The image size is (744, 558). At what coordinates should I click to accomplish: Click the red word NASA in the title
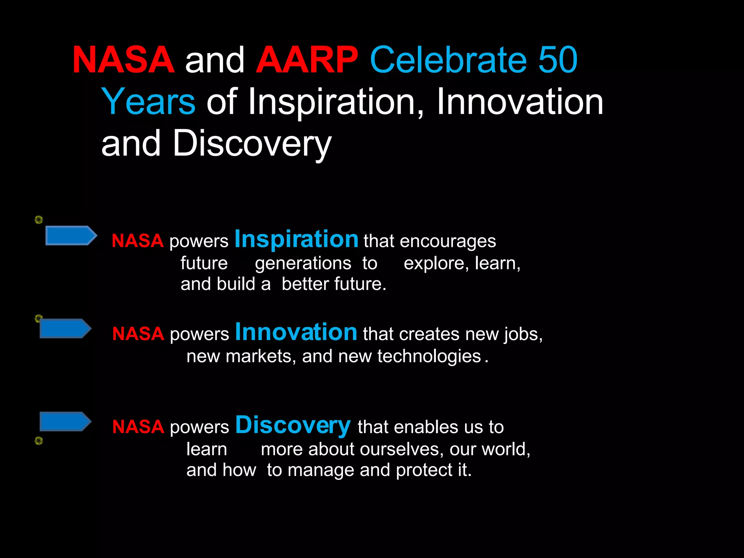tap(123, 60)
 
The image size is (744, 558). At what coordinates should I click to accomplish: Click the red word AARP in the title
tap(307, 60)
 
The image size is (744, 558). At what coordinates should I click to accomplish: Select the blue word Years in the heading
tap(148, 102)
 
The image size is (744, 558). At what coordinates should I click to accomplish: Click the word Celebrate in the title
tap(448, 60)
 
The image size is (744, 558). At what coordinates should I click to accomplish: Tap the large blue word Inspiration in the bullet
tap(296, 239)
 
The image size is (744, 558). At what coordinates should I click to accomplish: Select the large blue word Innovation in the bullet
tap(296, 332)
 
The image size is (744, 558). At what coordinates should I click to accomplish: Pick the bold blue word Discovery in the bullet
tap(293, 425)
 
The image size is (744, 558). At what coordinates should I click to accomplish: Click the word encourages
tap(448, 241)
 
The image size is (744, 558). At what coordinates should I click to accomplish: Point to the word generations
tap(303, 263)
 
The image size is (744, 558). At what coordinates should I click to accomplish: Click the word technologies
tap(429, 356)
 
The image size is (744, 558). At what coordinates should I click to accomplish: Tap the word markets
tap(259, 356)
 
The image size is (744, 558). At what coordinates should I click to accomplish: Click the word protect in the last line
tap(424, 470)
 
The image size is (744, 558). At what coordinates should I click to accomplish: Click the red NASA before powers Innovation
tap(138, 334)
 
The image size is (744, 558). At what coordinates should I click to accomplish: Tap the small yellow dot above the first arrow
tap(39, 219)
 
